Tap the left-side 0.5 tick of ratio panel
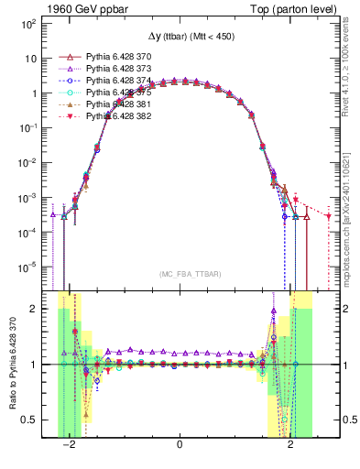click(32, 420)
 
